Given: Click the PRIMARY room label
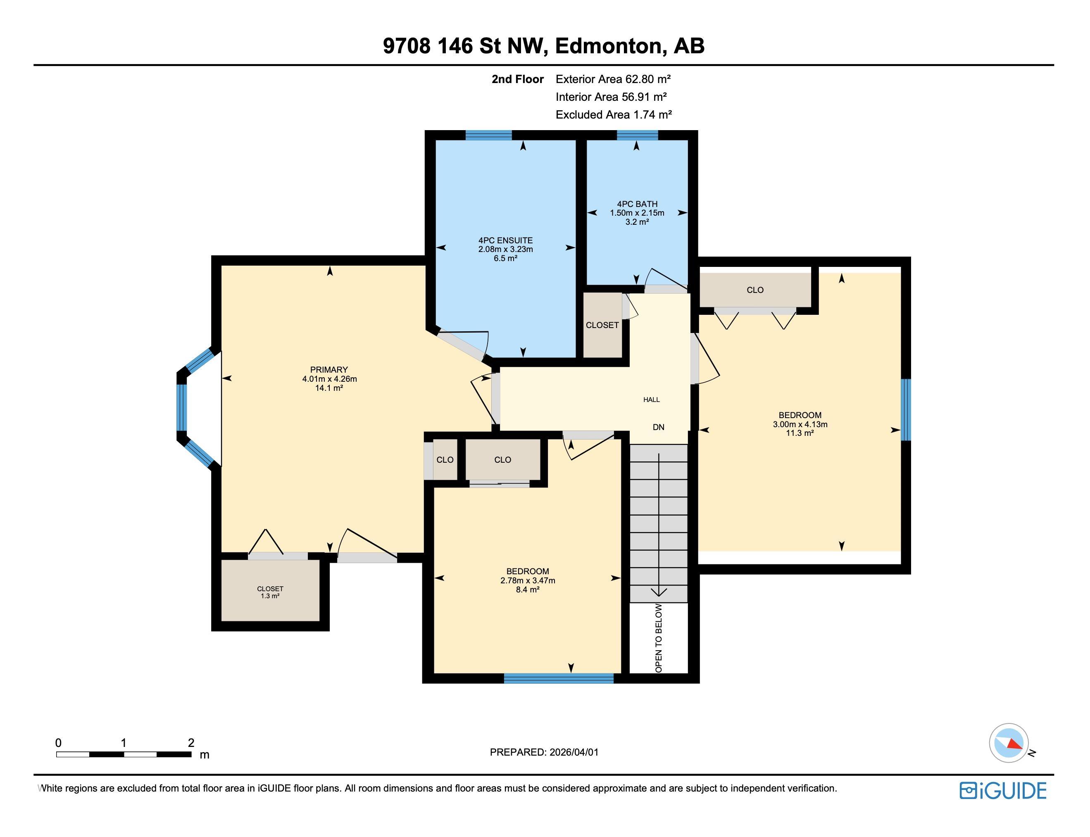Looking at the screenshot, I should (x=329, y=370).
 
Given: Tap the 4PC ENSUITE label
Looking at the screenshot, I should (x=505, y=240).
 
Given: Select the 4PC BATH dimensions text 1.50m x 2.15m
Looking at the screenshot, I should (x=637, y=213).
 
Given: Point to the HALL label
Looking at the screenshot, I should (x=651, y=399).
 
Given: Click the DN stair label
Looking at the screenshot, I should (x=658, y=427).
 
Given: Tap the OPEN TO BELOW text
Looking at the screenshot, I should (x=659, y=638).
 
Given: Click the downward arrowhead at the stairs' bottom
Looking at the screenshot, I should (x=659, y=592).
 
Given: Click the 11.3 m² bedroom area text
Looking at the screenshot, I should (x=800, y=433).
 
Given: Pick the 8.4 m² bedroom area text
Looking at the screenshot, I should (x=528, y=590).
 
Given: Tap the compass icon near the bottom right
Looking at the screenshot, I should (x=1008, y=743).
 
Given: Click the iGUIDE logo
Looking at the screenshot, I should (x=1002, y=791).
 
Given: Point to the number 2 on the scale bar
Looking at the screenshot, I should (x=191, y=743).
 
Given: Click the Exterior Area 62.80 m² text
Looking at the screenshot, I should (x=613, y=79).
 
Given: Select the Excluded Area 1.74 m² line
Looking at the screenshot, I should (x=613, y=114).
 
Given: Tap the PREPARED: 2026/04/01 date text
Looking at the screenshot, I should (x=544, y=752).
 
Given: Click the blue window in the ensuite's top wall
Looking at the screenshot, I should (x=488, y=135).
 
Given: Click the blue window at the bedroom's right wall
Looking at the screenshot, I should (x=906, y=409).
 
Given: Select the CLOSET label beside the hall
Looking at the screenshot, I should (x=602, y=325).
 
